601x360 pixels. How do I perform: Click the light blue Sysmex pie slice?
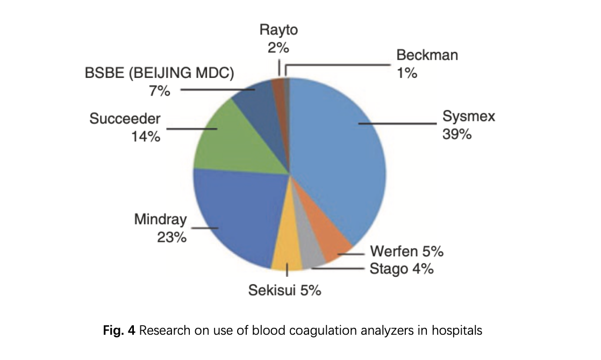pyautogui.click(x=339, y=156)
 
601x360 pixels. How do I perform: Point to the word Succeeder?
pyautogui.click(x=125, y=119)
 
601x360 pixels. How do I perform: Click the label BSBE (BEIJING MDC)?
pyautogui.click(x=160, y=74)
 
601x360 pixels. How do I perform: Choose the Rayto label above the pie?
pyautogui.click(x=278, y=30)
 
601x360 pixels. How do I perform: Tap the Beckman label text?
pyautogui.click(x=427, y=55)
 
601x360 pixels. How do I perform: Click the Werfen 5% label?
pyautogui.click(x=407, y=251)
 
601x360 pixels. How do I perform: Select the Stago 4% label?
pyautogui.click(x=402, y=269)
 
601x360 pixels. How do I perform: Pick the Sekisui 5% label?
pyautogui.click(x=284, y=291)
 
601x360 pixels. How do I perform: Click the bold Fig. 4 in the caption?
pyautogui.click(x=119, y=330)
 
